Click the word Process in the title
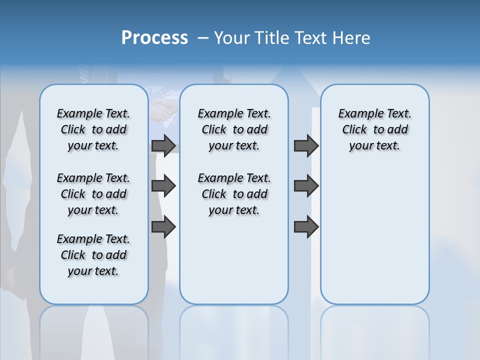[154, 38]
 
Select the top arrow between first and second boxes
[163, 145]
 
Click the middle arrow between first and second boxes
[163, 186]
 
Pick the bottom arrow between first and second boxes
[163, 227]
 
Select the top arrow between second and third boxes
[306, 145]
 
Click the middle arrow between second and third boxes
[306, 186]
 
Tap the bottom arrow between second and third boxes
[306, 227]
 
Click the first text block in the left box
[93, 129]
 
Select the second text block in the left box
[93, 194]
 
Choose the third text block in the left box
[93, 255]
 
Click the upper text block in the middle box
[234, 129]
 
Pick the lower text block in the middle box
[234, 194]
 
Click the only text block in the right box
[374, 129]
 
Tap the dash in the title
[203, 38]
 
